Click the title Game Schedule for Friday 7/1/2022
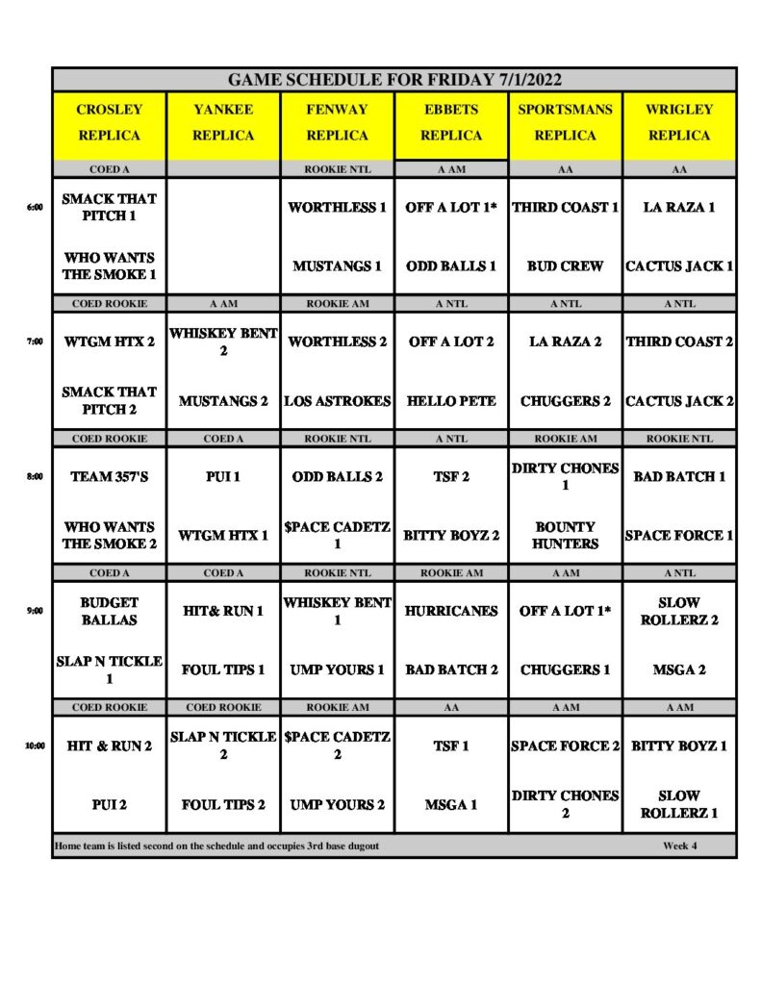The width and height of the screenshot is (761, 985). [x=394, y=80]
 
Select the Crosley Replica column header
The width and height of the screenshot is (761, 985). [x=109, y=122]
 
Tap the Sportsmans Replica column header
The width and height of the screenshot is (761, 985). [x=565, y=122]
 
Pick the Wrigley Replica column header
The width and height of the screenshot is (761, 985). [x=679, y=122]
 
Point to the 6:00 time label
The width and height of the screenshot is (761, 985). [x=36, y=207]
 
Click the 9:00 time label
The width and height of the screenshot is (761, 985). [x=36, y=610]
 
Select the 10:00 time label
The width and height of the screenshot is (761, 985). [x=35, y=745]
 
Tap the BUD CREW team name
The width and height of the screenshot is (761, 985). [x=565, y=265]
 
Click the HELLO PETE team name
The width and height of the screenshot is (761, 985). [x=451, y=400]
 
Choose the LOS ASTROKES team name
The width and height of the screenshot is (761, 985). [x=337, y=400]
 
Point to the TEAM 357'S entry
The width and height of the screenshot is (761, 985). [x=109, y=476]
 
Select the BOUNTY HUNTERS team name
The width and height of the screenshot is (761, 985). [x=565, y=535]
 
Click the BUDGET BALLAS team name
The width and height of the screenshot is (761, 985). [x=109, y=611]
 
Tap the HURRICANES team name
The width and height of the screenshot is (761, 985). [x=451, y=611]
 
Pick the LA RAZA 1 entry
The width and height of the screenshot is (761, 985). [x=679, y=207]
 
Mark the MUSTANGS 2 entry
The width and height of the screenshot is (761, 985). [x=223, y=400]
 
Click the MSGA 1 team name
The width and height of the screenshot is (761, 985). [x=451, y=804]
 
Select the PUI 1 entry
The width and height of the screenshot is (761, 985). [x=223, y=476]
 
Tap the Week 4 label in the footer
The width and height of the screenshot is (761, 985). [x=680, y=846]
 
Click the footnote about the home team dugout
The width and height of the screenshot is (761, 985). [x=216, y=846]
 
